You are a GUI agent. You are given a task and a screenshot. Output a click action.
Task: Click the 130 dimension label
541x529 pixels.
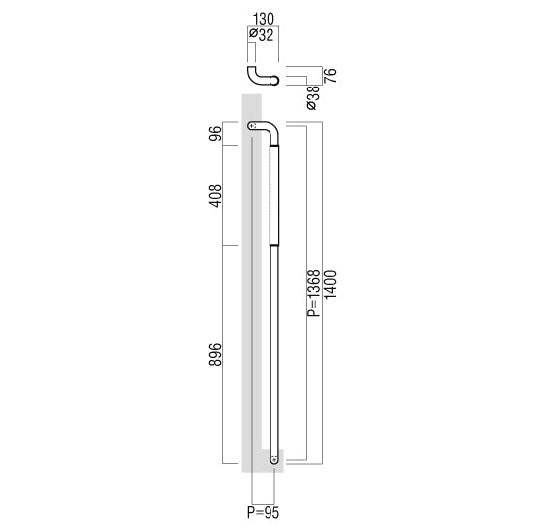pyautogui.click(x=264, y=19)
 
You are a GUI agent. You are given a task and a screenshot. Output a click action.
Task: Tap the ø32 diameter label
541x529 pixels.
pyautogui.click(x=262, y=35)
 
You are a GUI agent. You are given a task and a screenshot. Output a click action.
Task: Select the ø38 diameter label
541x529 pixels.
pyautogui.click(x=313, y=98)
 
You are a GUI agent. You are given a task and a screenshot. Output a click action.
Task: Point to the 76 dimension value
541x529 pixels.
pyautogui.click(x=330, y=76)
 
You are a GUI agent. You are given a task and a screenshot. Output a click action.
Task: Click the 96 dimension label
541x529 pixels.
pyautogui.click(x=215, y=134)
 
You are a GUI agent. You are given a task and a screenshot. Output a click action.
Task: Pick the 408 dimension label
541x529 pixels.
pyautogui.click(x=215, y=196)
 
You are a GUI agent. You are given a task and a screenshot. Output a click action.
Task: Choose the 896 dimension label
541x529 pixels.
pyautogui.click(x=215, y=354)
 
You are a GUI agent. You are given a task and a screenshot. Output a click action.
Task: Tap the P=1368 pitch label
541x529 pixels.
pyautogui.click(x=314, y=293)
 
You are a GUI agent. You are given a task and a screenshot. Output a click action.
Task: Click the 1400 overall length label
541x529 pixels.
pyautogui.click(x=330, y=285)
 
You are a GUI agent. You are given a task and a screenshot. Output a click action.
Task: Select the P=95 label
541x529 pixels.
pyautogui.click(x=263, y=513)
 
